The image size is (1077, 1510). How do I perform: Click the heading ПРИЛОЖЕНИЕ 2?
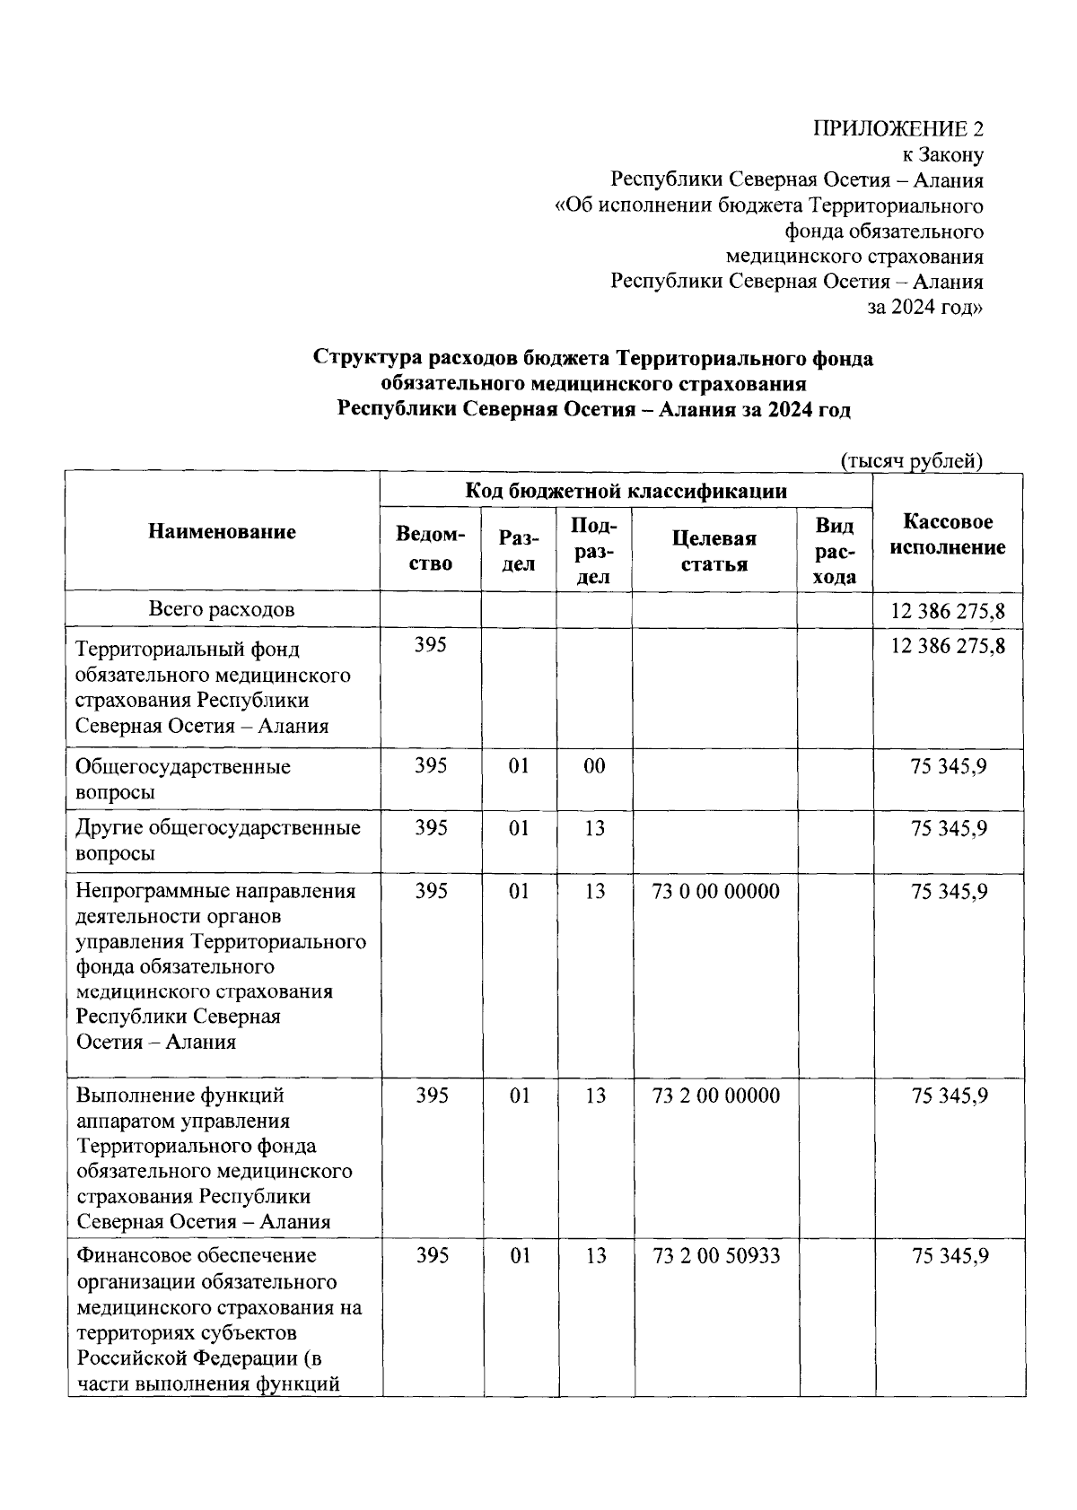click(897, 128)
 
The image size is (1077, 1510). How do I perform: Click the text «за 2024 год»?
click(924, 307)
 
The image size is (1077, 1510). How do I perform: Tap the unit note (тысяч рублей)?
click(911, 461)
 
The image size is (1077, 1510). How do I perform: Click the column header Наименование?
click(222, 532)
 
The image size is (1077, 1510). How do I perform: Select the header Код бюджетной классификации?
click(626, 491)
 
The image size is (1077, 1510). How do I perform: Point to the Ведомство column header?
click(431, 549)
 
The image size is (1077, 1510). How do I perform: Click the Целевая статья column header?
click(714, 551)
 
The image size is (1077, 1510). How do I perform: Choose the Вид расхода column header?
click(835, 551)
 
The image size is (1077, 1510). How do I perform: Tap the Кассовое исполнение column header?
click(948, 535)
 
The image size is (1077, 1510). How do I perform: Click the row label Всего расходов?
click(222, 610)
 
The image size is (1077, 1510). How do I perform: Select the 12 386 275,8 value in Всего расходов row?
click(948, 612)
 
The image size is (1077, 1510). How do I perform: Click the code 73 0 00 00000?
click(716, 892)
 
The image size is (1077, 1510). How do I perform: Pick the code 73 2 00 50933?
click(716, 1256)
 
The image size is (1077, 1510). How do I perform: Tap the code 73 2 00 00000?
click(716, 1095)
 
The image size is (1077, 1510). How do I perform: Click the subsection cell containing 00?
click(594, 766)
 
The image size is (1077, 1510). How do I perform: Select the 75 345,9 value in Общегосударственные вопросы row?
click(950, 766)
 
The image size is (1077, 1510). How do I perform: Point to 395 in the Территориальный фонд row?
click(431, 645)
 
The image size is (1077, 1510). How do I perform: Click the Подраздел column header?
click(593, 551)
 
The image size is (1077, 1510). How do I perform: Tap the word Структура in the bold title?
click(368, 359)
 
